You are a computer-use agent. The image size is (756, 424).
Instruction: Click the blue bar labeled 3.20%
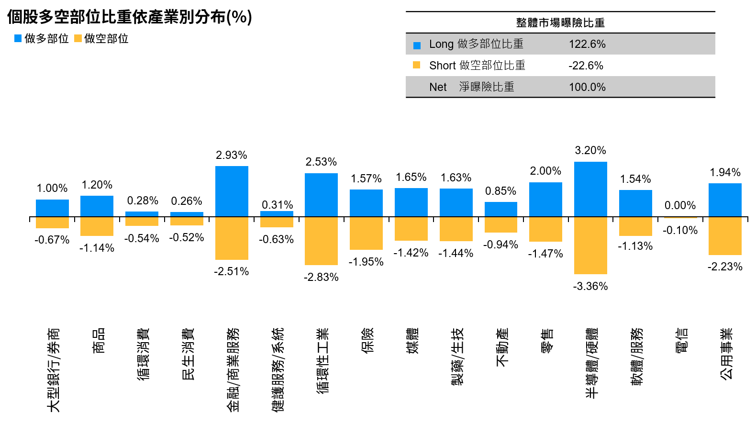point(590,189)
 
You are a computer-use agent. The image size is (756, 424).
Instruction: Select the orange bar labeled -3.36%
point(590,245)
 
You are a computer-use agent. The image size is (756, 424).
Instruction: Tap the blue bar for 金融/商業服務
point(232,191)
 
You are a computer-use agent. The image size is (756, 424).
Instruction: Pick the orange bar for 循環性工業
point(321,241)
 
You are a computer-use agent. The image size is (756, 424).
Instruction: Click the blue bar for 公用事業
point(725,200)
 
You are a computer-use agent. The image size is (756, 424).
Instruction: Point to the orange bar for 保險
point(366,233)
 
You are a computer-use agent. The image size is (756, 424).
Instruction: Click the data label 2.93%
point(232,155)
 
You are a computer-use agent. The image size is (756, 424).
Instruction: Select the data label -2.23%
point(725,267)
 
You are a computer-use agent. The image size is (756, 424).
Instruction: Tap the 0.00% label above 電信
point(680,205)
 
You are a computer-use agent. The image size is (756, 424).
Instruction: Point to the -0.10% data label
point(680,230)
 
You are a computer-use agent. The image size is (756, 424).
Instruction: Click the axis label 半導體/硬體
point(592,363)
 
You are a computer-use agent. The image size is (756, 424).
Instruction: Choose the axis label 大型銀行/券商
point(53,369)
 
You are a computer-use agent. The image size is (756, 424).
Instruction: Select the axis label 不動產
point(502,347)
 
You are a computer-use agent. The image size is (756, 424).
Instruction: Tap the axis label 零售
point(547,340)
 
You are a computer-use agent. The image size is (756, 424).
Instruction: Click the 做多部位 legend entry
point(42,39)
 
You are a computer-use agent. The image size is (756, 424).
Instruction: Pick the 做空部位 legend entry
point(101,39)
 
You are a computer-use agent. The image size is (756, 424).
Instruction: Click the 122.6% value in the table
point(587,44)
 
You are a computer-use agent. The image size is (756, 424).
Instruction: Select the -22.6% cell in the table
point(586,66)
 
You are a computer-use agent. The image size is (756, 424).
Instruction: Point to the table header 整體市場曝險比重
point(560,22)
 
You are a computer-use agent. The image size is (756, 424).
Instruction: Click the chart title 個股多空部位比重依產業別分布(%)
point(129,17)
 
